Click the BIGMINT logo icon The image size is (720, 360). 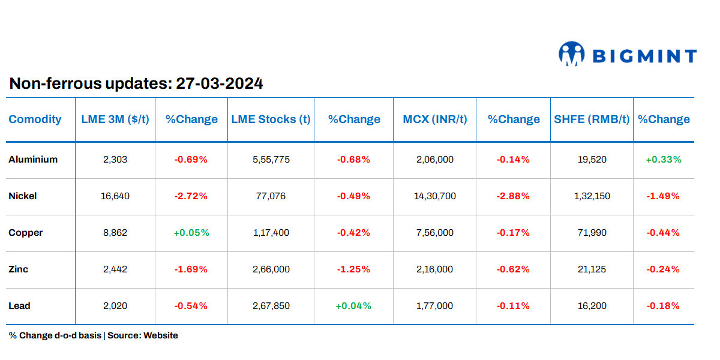[x=571, y=53]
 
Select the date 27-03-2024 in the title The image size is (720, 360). [x=220, y=83]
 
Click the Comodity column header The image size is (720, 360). [x=35, y=119]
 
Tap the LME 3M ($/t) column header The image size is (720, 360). [x=115, y=119]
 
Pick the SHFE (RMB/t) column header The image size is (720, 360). [x=592, y=119]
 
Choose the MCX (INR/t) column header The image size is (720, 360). [x=434, y=119]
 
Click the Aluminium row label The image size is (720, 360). [x=33, y=160]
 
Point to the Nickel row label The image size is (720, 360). [x=23, y=196]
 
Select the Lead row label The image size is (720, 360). [x=20, y=306]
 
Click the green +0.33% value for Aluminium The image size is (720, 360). [x=663, y=160]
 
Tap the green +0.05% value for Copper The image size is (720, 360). [x=191, y=233]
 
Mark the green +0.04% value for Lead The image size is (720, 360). [x=353, y=306]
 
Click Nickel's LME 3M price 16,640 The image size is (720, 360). [x=115, y=196]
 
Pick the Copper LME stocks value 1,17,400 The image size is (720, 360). [x=271, y=233]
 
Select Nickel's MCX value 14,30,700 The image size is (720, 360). [x=435, y=196]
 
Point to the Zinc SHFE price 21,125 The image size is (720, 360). [x=592, y=269]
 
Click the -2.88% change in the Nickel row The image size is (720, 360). [x=513, y=196]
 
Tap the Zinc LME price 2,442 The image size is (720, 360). [x=115, y=269]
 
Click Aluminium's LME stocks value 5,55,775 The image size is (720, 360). [x=271, y=160]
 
